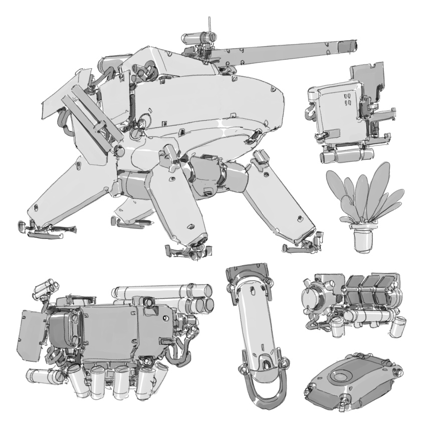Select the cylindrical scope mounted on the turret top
click(198, 37)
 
